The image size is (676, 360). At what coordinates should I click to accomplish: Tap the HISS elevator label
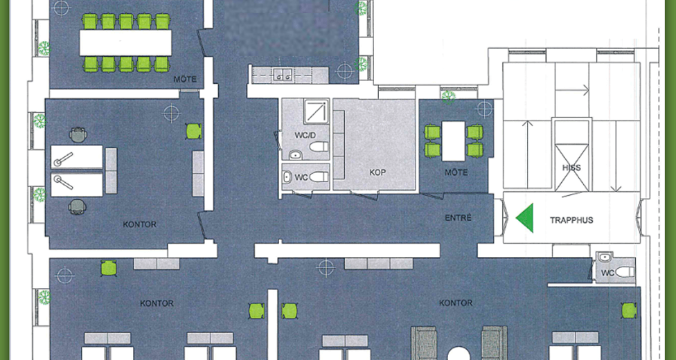[571, 168]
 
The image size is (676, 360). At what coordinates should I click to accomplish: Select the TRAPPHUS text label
[571, 220]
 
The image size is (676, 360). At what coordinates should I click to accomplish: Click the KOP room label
[377, 172]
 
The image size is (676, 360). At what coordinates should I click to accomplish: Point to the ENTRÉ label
[458, 217]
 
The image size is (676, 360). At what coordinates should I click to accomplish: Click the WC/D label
[305, 136]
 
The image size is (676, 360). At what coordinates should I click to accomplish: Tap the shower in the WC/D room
[317, 111]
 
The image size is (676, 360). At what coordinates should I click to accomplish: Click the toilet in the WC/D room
[319, 147]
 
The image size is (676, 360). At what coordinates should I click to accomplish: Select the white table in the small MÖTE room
[454, 141]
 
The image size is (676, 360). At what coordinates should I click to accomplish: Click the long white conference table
[125, 43]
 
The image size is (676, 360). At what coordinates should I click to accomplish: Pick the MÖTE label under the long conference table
[185, 80]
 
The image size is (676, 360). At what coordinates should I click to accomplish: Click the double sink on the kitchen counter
[284, 75]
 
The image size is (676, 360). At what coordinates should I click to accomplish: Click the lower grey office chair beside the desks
[77, 206]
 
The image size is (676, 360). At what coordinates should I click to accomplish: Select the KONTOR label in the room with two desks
[140, 224]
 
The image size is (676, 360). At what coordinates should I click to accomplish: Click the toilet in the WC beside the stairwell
[625, 272]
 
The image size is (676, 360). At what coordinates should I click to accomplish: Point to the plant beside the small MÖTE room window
[448, 97]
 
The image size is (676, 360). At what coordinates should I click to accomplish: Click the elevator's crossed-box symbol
[571, 168]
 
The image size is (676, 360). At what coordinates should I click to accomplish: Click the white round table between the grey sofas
[459, 353]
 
